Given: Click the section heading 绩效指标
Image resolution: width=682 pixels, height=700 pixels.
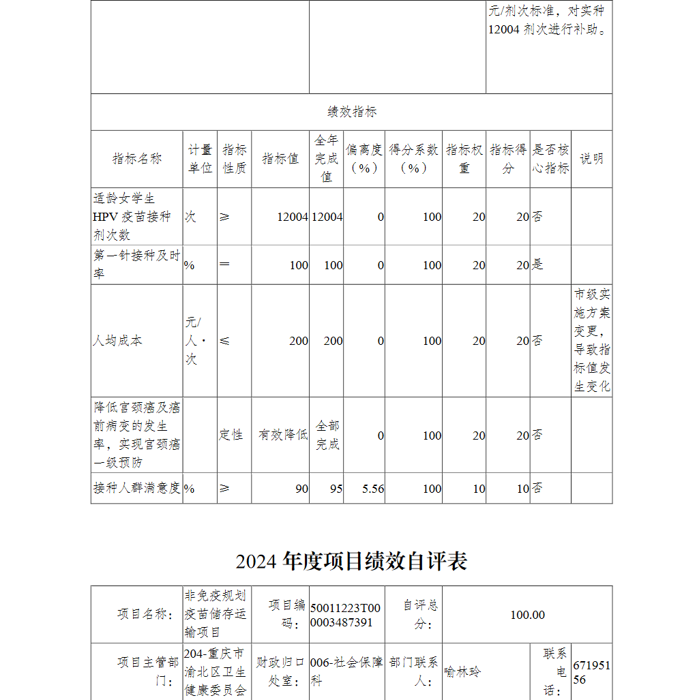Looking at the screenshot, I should click(x=351, y=112).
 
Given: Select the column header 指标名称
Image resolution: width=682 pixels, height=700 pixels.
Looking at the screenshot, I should click(x=137, y=159).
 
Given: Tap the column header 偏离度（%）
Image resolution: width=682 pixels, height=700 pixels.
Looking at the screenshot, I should click(x=364, y=159).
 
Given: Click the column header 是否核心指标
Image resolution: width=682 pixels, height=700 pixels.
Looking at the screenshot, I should click(x=550, y=159).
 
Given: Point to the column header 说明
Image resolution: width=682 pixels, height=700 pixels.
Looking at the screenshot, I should click(x=591, y=159).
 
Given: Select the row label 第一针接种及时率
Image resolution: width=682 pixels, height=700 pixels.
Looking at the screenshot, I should click(x=136, y=264).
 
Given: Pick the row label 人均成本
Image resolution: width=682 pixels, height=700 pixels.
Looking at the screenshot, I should click(x=118, y=341).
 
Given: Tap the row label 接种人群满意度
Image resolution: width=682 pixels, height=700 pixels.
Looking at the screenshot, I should click(x=136, y=488).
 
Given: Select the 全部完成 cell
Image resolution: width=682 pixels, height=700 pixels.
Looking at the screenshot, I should click(x=327, y=435).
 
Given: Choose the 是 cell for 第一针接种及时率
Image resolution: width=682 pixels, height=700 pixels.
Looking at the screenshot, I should click(x=538, y=265).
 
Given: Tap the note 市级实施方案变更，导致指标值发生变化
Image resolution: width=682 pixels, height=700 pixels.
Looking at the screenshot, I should click(x=591, y=341).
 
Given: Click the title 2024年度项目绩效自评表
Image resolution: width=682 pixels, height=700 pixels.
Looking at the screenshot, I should click(x=351, y=561).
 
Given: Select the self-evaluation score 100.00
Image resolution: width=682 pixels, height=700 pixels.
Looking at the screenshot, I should click(x=527, y=615).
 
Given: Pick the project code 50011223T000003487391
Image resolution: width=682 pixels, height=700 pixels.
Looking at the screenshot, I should click(x=345, y=615).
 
